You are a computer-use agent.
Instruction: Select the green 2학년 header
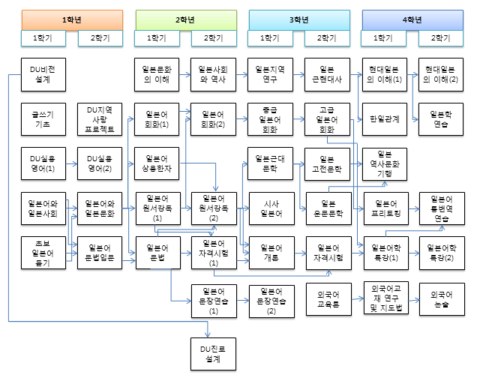coord(184,20)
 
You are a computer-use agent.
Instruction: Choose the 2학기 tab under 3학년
coord(326,37)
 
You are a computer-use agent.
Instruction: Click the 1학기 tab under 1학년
coord(43,37)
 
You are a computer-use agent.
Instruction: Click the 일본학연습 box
coord(440,119)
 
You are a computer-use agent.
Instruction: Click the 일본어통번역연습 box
coord(440,208)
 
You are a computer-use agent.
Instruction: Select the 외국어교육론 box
coord(326,298)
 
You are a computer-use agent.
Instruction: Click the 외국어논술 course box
coord(440,298)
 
